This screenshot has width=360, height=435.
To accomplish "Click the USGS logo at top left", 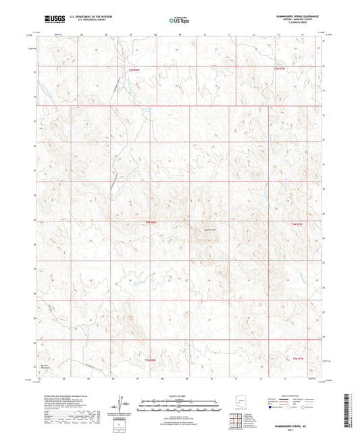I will click(x=52, y=20).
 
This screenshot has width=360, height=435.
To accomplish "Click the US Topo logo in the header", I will click(x=178, y=20).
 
